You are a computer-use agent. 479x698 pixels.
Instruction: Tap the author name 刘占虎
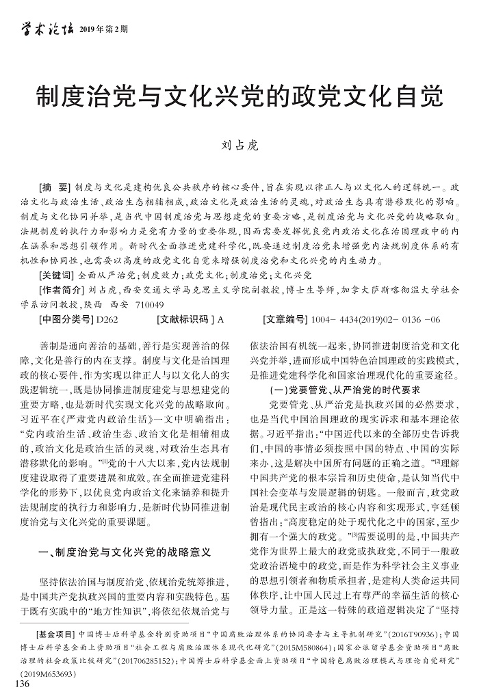point(239,145)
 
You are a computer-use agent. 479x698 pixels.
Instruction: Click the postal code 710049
point(148,304)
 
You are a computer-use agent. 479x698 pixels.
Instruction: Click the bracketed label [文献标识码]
point(185,319)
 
